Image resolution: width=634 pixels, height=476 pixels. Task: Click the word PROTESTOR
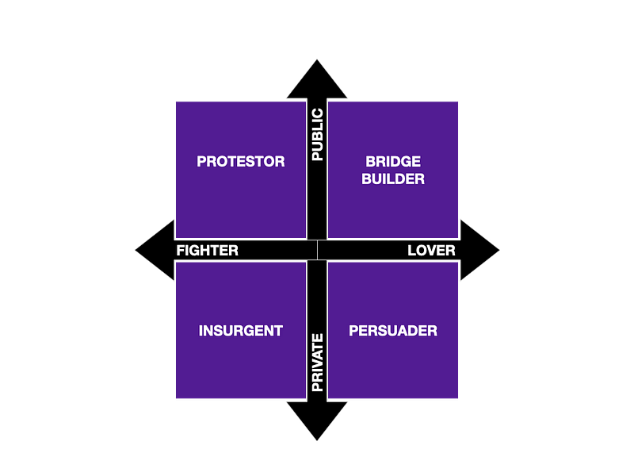click(x=241, y=161)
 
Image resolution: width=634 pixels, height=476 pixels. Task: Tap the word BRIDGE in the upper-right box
click(x=393, y=162)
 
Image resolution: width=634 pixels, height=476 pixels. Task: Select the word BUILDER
click(x=393, y=179)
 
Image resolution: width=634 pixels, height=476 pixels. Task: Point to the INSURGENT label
click(x=241, y=331)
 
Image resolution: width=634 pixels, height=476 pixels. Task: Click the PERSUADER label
click(x=393, y=331)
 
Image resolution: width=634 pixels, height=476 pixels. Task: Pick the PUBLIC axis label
click(x=318, y=135)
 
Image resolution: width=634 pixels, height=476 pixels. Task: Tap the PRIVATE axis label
click(x=318, y=363)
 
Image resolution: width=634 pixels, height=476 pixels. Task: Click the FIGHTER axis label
click(x=207, y=251)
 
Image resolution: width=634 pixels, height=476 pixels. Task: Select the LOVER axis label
click(x=431, y=251)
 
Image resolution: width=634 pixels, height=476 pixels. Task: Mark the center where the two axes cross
click(x=317, y=250)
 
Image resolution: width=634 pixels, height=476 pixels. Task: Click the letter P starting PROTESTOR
click(x=201, y=161)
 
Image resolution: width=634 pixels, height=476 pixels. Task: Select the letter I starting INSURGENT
click(x=201, y=331)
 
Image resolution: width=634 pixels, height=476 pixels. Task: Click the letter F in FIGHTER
click(x=181, y=251)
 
